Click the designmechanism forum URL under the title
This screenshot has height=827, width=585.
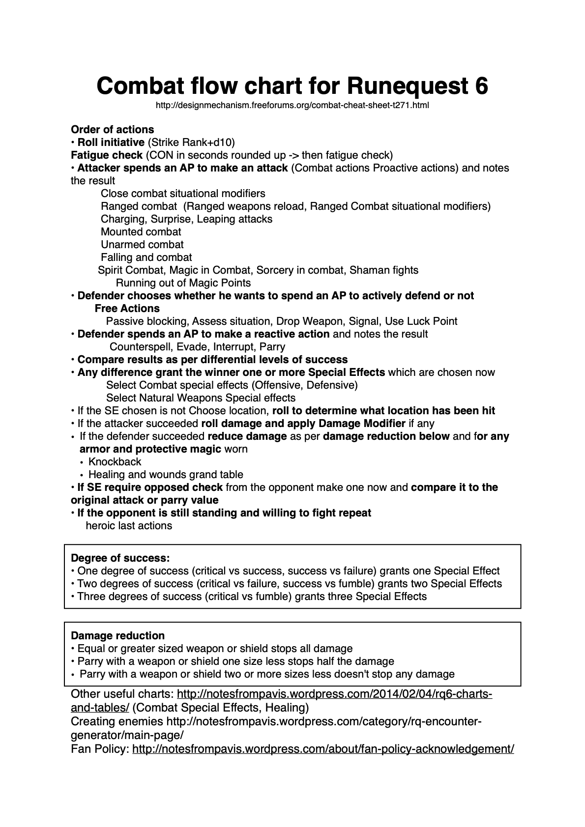click(x=292, y=105)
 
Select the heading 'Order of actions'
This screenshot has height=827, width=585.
click(x=113, y=130)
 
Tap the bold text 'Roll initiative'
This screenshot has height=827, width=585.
click(x=111, y=143)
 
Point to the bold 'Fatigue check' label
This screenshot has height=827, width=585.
click(x=107, y=155)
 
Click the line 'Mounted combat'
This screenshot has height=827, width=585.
click(x=141, y=232)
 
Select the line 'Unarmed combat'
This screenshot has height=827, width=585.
click(x=142, y=245)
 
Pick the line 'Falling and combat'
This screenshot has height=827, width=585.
click(x=146, y=257)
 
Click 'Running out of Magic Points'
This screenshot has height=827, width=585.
click(x=183, y=283)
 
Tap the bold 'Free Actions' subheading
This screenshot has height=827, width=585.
click(x=127, y=309)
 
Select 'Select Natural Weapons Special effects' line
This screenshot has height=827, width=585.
click(x=201, y=398)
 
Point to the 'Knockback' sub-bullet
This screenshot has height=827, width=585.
click(x=115, y=462)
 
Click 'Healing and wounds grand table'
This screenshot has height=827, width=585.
click(x=166, y=475)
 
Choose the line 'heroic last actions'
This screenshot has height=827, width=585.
click(x=129, y=526)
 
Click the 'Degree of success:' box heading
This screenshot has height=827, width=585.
click(x=120, y=558)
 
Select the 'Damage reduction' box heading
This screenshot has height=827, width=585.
click(x=118, y=636)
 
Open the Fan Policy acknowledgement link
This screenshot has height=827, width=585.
click(x=323, y=749)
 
